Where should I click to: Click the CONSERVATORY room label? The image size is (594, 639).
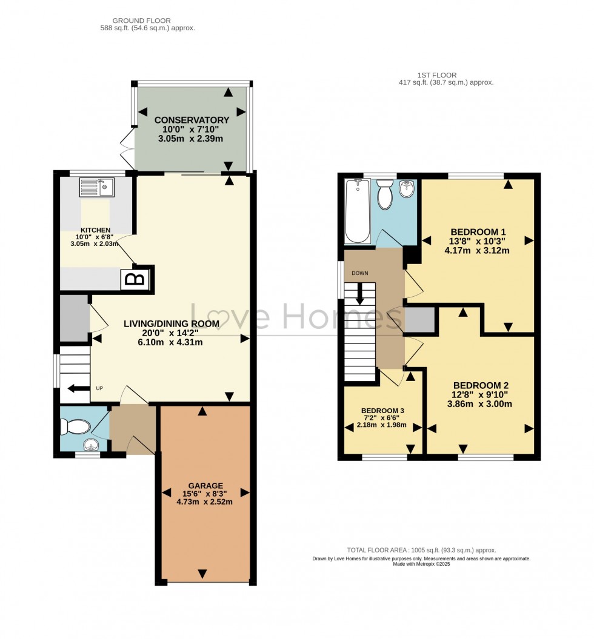192,120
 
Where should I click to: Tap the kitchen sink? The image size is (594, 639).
96,187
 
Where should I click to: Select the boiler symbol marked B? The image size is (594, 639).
137,279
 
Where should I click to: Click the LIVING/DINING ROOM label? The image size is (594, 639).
172,324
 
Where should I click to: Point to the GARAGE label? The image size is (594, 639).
205,485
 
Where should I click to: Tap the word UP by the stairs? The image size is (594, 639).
99,388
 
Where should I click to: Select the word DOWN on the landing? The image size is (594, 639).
360,273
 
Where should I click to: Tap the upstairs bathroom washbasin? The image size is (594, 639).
408,190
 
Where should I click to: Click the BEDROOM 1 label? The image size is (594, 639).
478,232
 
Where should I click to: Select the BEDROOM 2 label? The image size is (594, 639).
481,386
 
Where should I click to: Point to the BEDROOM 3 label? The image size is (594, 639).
382,410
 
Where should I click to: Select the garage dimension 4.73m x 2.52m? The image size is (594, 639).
205,502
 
